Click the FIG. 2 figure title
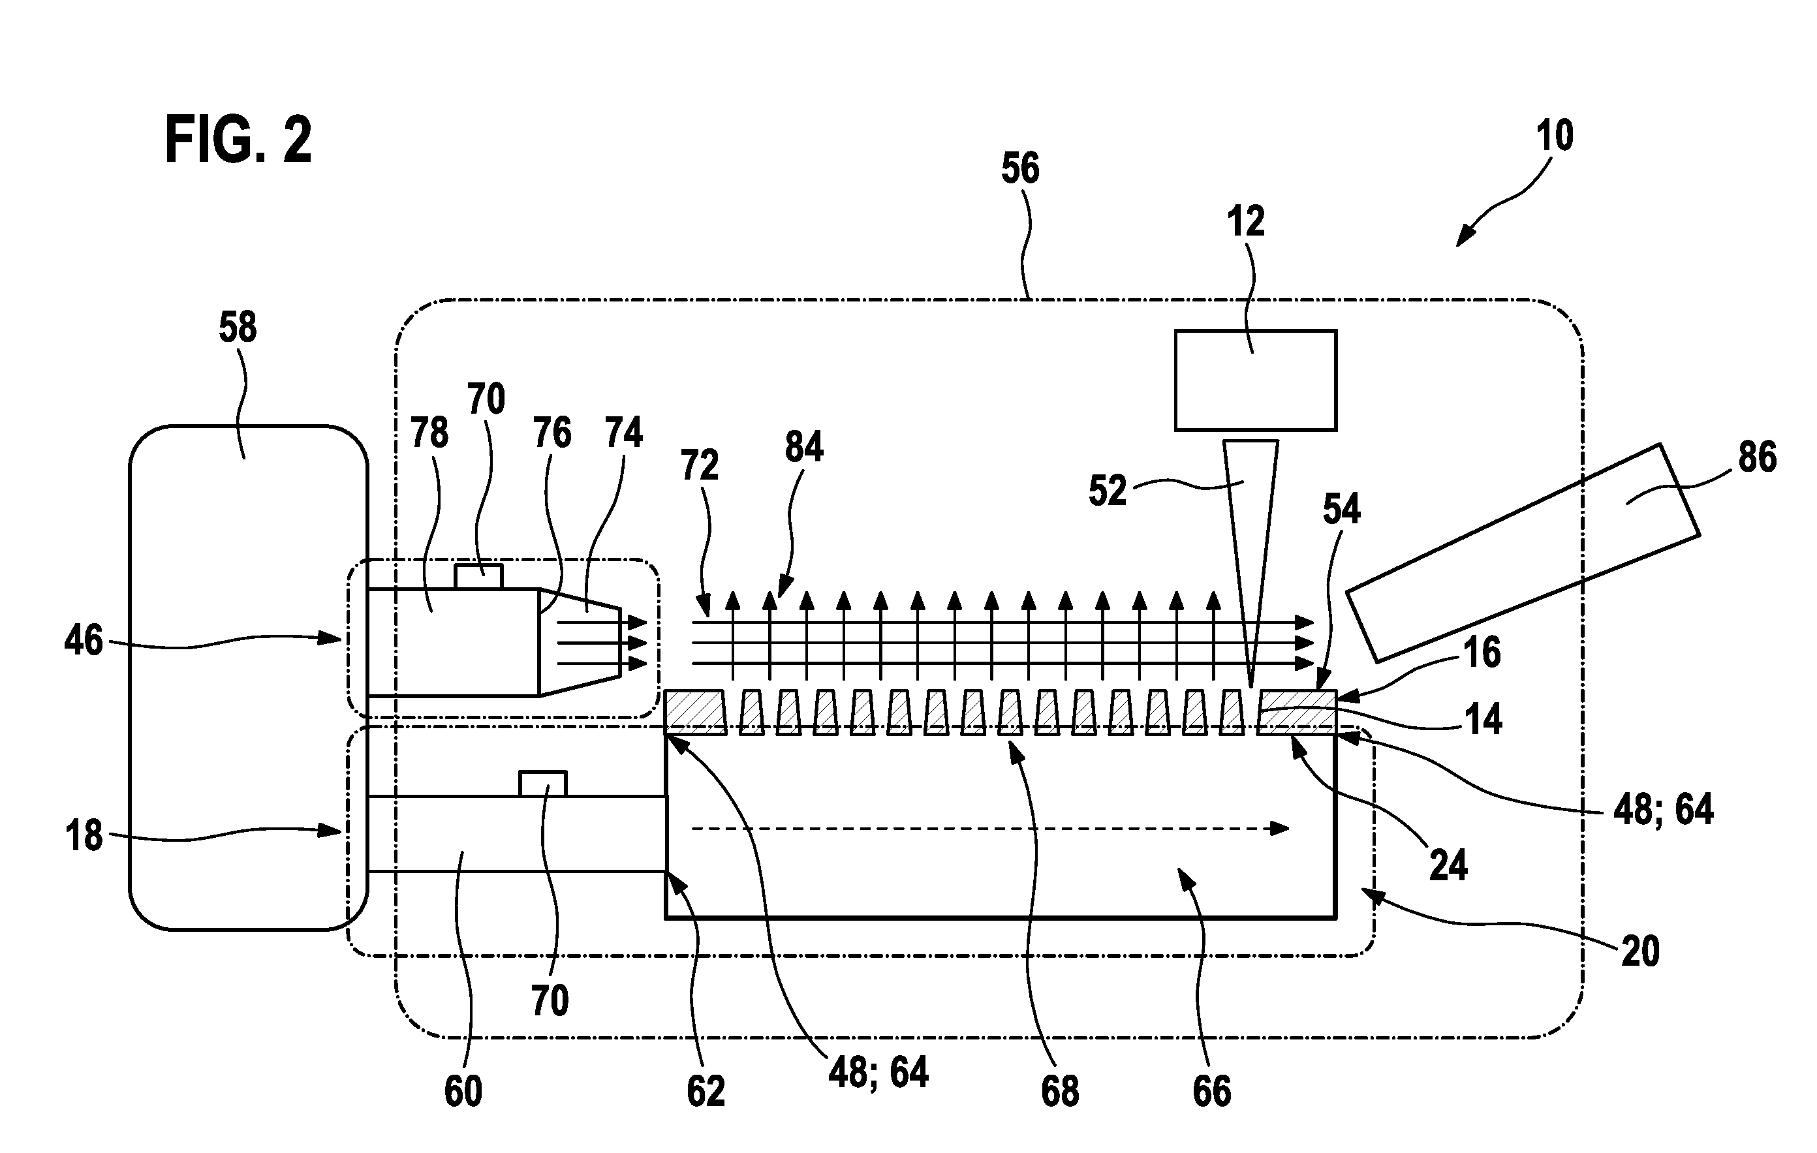pyautogui.click(x=238, y=140)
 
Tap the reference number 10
pyautogui.click(x=1555, y=136)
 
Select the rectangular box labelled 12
pyautogui.click(x=1256, y=380)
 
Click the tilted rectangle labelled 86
pyautogui.click(x=1523, y=553)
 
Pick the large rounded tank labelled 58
pyautogui.click(x=248, y=677)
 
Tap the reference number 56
pyautogui.click(x=1020, y=168)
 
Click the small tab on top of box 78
pyautogui.click(x=478, y=577)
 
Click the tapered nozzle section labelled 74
pyautogui.click(x=580, y=642)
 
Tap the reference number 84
pyautogui.click(x=804, y=447)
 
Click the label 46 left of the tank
pyautogui.click(x=84, y=641)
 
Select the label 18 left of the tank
pyautogui.click(x=84, y=836)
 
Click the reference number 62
pyautogui.click(x=706, y=1091)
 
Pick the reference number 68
pyautogui.click(x=1060, y=1091)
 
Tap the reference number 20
pyautogui.click(x=1640, y=951)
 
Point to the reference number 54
pyautogui.click(x=1342, y=510)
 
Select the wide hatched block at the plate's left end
pyautogui.click(x=695, y=711)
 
